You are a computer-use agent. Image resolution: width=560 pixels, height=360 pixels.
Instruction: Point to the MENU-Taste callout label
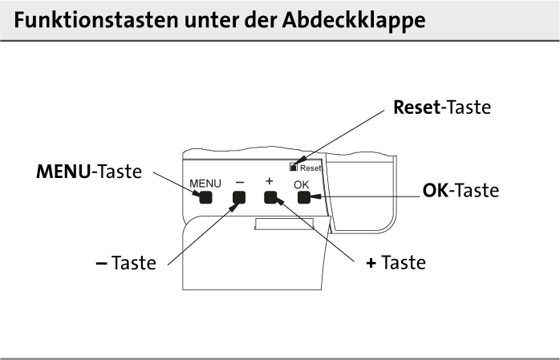(89, 171)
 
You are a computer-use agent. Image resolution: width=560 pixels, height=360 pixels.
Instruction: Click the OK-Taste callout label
(461, 192)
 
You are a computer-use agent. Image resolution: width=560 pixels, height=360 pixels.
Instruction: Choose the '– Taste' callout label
(121, 263)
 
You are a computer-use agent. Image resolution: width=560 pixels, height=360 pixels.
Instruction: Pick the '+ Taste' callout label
(396, 263)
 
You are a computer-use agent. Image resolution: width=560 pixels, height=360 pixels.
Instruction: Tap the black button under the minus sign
(238, 199)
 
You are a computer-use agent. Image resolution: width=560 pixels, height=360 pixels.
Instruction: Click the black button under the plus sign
(270, 199)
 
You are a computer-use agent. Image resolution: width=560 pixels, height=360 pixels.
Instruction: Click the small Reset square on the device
(295, 168)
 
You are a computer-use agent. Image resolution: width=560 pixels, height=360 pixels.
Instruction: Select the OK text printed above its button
(301, 185)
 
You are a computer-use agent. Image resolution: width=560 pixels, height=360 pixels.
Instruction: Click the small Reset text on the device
(310, 168)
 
